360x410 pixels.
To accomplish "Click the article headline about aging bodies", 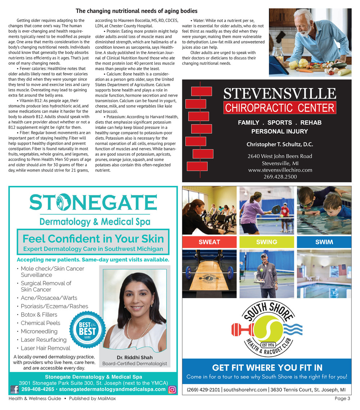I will (x=136, y=11).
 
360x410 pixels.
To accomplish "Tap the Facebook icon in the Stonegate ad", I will (x=15, y=389).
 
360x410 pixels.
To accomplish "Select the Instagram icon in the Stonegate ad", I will (x=172, y=389).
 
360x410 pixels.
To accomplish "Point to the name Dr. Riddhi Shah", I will (x=135, y=357).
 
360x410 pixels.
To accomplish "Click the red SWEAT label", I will (x=209, y=242).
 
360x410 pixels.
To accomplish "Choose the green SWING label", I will (x=266, y=242).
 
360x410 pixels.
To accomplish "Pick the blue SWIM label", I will (x=324, y=242).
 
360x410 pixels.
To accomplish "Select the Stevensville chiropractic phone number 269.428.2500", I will (x=280, y=177).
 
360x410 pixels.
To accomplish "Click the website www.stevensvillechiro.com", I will (x=280, y=170).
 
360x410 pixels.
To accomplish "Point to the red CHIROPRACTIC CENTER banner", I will (x=279, y=108).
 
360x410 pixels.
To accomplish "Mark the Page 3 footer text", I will (x=342, y=398).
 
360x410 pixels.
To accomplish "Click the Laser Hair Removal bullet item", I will (x=45, y=348).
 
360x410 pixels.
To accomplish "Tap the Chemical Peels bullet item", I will (x=40, y=323).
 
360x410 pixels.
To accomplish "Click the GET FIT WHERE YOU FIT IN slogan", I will (x=267, y=368).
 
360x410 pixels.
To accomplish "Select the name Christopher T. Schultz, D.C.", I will (x=280, y=145).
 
